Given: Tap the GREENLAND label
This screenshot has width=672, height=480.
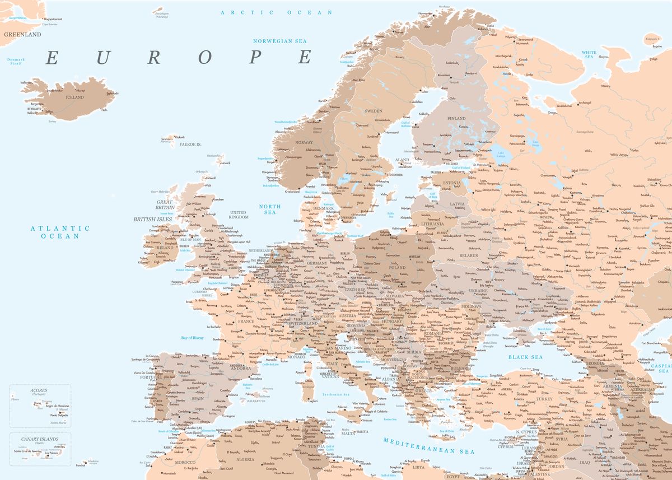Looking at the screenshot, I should click(22, 34).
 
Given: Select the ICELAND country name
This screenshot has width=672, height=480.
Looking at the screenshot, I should click(74, 97).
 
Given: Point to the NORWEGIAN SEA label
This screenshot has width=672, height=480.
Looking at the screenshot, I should click(280, 41).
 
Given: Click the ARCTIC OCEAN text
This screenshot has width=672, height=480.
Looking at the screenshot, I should click(277, 12).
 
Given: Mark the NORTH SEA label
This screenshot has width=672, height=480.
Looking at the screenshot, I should click(270, 209).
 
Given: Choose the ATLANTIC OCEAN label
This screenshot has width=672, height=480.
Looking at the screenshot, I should click(60, 232).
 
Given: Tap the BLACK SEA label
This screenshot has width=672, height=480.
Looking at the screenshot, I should click(525, 357).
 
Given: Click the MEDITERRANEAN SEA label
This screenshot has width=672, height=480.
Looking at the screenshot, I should click(429, 446).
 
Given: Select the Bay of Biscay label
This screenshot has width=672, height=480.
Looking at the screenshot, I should click(193, 338).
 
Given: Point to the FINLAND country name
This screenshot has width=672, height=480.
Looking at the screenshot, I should click(456, 119).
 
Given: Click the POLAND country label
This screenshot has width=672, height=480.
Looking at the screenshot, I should click(397, 268).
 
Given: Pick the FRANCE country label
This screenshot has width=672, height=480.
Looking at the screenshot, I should click(246, 321).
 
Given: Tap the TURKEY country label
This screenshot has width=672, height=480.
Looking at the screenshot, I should click(544, 399).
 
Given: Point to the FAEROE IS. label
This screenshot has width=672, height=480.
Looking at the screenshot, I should click(190, 144).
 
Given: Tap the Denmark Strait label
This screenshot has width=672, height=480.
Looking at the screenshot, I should click(16, 61).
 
